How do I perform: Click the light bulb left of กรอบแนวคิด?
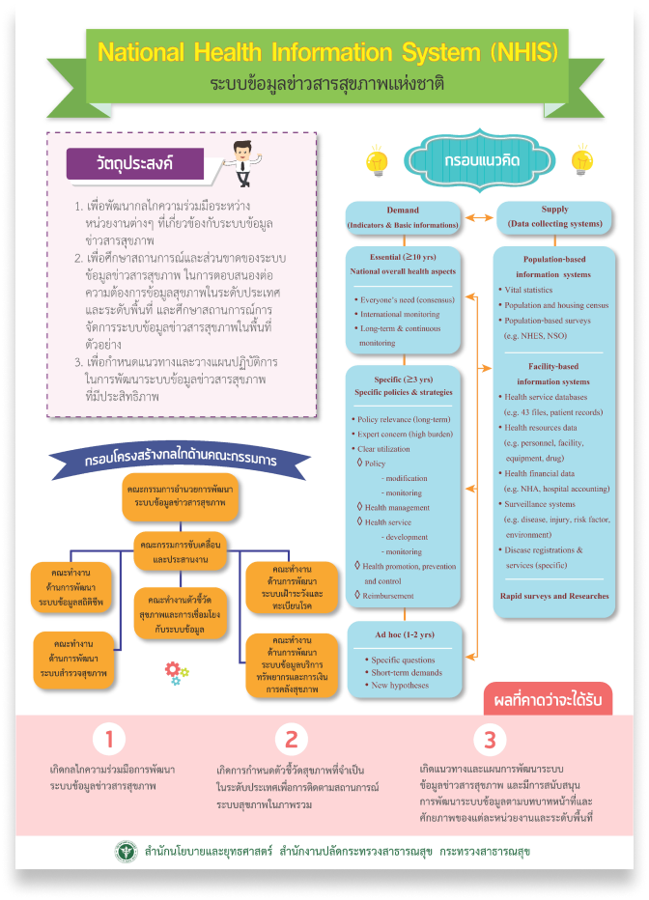point(377,160)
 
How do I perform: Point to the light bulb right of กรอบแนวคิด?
point(581,160)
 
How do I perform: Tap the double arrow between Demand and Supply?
point(477,217)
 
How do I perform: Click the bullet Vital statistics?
point(529,290)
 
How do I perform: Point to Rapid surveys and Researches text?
point(554,596)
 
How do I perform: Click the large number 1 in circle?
point(110,740)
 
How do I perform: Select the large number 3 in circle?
point(490,740)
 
